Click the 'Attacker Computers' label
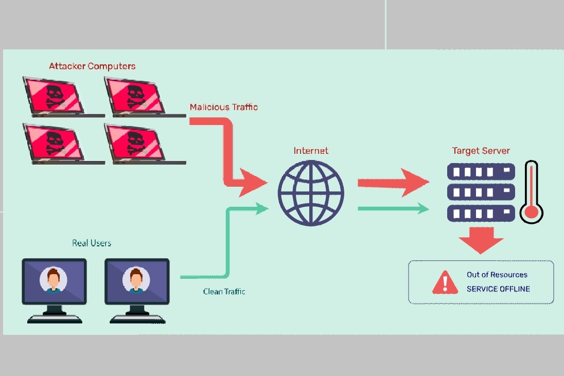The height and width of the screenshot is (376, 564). coord(92,66)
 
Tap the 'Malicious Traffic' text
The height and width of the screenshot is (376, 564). coord(223,107)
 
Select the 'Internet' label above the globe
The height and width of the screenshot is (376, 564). coord(311,151)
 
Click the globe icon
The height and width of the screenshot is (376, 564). coord(311,194)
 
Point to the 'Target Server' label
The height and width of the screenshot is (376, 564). coord(481,151)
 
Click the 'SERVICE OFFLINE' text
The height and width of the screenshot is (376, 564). coord(498,289)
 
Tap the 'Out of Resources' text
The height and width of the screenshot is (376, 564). coord(497,275)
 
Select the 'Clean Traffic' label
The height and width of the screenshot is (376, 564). coord(224,292)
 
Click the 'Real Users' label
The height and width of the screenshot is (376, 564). coord(92,243)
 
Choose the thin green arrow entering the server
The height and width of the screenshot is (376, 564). coord(393,208)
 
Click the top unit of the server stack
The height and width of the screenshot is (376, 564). coord(481,171)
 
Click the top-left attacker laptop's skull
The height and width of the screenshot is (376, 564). coord(53,95)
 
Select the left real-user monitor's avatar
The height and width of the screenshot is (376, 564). coord(54,280)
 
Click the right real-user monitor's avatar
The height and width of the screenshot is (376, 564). coord(136,280)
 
